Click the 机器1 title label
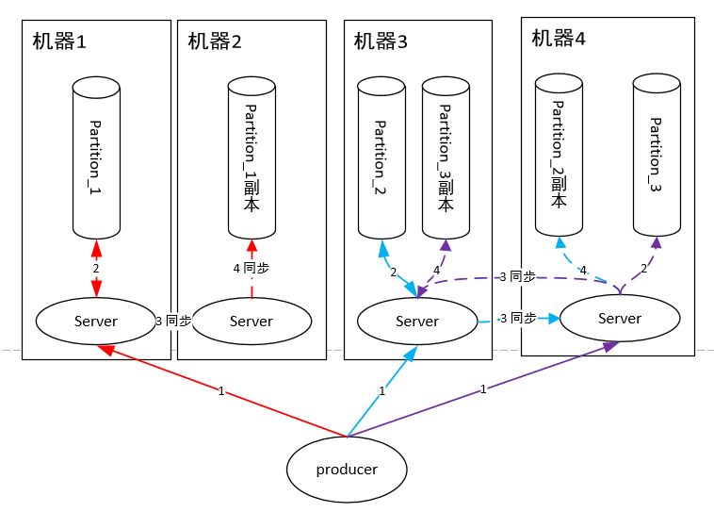click(x=59, y=41)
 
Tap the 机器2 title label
click(x=215, y=41)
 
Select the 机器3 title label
click(x=381, y=41)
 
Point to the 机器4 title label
click(x=559, y=39)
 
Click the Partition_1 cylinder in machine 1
click(x=96, y=157)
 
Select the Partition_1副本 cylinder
click(x=252, y=157)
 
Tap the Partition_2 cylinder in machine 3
click(x=381, y=157)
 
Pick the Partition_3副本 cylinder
click(x=446, y=157)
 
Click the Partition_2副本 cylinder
click(x=559, y=155)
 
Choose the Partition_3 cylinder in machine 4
click(x=657, y=155)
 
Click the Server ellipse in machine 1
click(x=96, y=321)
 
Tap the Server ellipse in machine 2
click(x=252, y=321)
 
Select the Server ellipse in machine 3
click(x=417, y=321)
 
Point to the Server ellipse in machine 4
click(x=620, y=319)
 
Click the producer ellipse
click(x=347, y=470)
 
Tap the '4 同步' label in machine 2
click(x=251, y=268)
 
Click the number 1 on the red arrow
click(x=221, y=391)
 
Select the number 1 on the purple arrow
click(x=483, y=388)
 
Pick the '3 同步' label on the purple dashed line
click(x=517, y=277)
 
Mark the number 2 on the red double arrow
click(x=96, y=269)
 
